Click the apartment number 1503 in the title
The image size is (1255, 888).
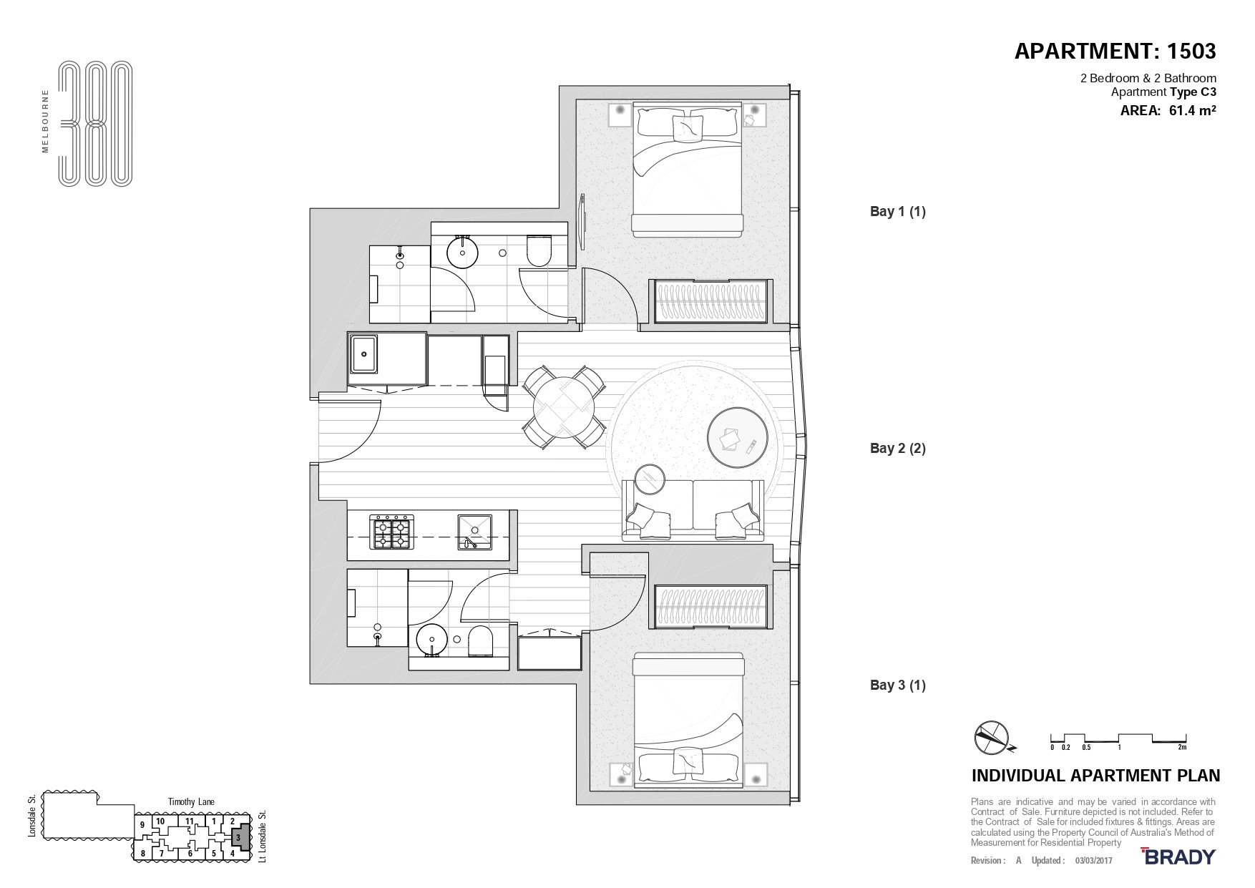pyautogui.click(x=1191, y=52)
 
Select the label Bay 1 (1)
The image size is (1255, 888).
pyautogui.click(x=897, y=211)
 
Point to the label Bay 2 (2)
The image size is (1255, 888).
pyautogui.click(x=897, y=448)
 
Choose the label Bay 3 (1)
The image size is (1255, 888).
pyautogui.click(x=897, y=685)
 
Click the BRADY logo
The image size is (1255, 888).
pyautogui.click(x=1178, y=857)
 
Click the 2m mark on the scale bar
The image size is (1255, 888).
pyautogui.click(x=1182, y=747)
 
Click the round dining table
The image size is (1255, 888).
pyautogui.click(x=565, y=406)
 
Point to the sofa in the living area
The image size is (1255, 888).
pyautogui.click(x=693, y=509)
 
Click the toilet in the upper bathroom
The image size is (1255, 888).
pyautogui.click(x=538, y=251)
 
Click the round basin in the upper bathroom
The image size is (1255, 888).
pyautogui.click(x=462, y=252)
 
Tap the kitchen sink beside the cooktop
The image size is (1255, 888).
pyautogui.click(x=474, y=532)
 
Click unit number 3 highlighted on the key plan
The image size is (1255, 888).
pyautogui.click(x=238, y=836)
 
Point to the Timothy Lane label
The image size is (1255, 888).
pyautogui.click(x=191, y=802)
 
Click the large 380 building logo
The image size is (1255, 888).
pyautogui.click(x=95, y=125)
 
